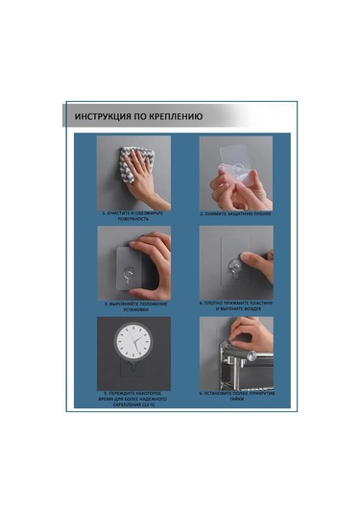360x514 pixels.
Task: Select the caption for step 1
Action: coord(133,216)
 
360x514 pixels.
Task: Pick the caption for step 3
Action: coord(133,306)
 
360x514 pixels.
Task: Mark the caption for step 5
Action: coord(133,398)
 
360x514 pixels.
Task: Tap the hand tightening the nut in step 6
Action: coord(252,334)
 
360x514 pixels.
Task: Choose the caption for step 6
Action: coord(236,395)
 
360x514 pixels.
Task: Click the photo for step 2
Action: coord(236,171)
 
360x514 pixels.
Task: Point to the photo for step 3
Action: coord(133,262)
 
